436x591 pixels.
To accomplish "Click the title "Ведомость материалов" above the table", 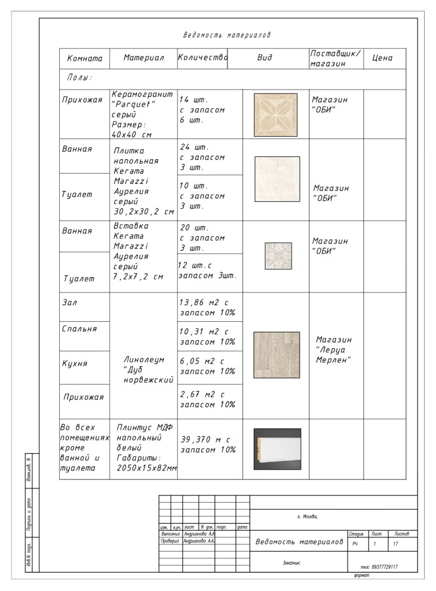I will (x=226, y=35).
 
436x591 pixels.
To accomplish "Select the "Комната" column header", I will (x=85, y=59).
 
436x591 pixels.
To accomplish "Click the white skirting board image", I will (x=277, y=449).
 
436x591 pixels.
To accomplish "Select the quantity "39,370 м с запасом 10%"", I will (x=208, y=444).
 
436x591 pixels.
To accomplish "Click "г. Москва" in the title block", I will (x=311, y=517).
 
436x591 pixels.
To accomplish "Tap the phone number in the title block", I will (x=380, y=567).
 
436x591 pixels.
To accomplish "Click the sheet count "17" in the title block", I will (x=395, y=544).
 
